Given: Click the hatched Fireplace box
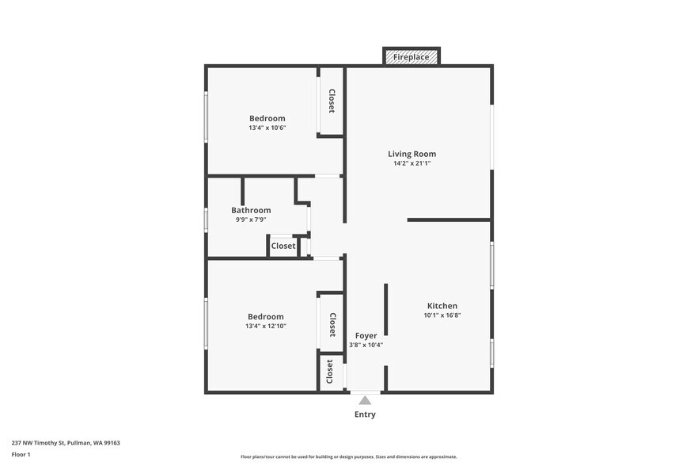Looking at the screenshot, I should point(412,57).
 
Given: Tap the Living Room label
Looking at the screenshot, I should point(412,154).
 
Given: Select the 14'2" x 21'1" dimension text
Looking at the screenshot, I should point(412,164).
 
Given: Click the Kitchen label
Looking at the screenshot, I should point(442,306).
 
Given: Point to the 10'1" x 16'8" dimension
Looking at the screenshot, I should point(442,315).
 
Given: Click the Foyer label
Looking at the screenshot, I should point(366,336).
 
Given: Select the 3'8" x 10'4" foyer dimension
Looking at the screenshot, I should point(366,345).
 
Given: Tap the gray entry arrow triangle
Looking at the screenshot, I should point(365,400).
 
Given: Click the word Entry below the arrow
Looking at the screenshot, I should point(365,414).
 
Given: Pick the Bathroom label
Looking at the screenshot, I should point(251,210).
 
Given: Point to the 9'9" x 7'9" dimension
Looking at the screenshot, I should point(251,220).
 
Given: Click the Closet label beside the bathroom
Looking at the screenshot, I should point(283,246).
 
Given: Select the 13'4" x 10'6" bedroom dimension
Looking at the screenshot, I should point(267,128).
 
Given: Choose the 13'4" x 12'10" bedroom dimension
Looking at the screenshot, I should point(265,326).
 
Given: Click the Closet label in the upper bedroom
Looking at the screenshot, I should point(332,101).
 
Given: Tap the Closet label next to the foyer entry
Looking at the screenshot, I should point(330,372).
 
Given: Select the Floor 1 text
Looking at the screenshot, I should point(21,454).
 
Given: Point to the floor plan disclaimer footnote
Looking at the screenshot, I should point(348,456).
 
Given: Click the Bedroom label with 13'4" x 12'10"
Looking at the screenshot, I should point(265,316).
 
